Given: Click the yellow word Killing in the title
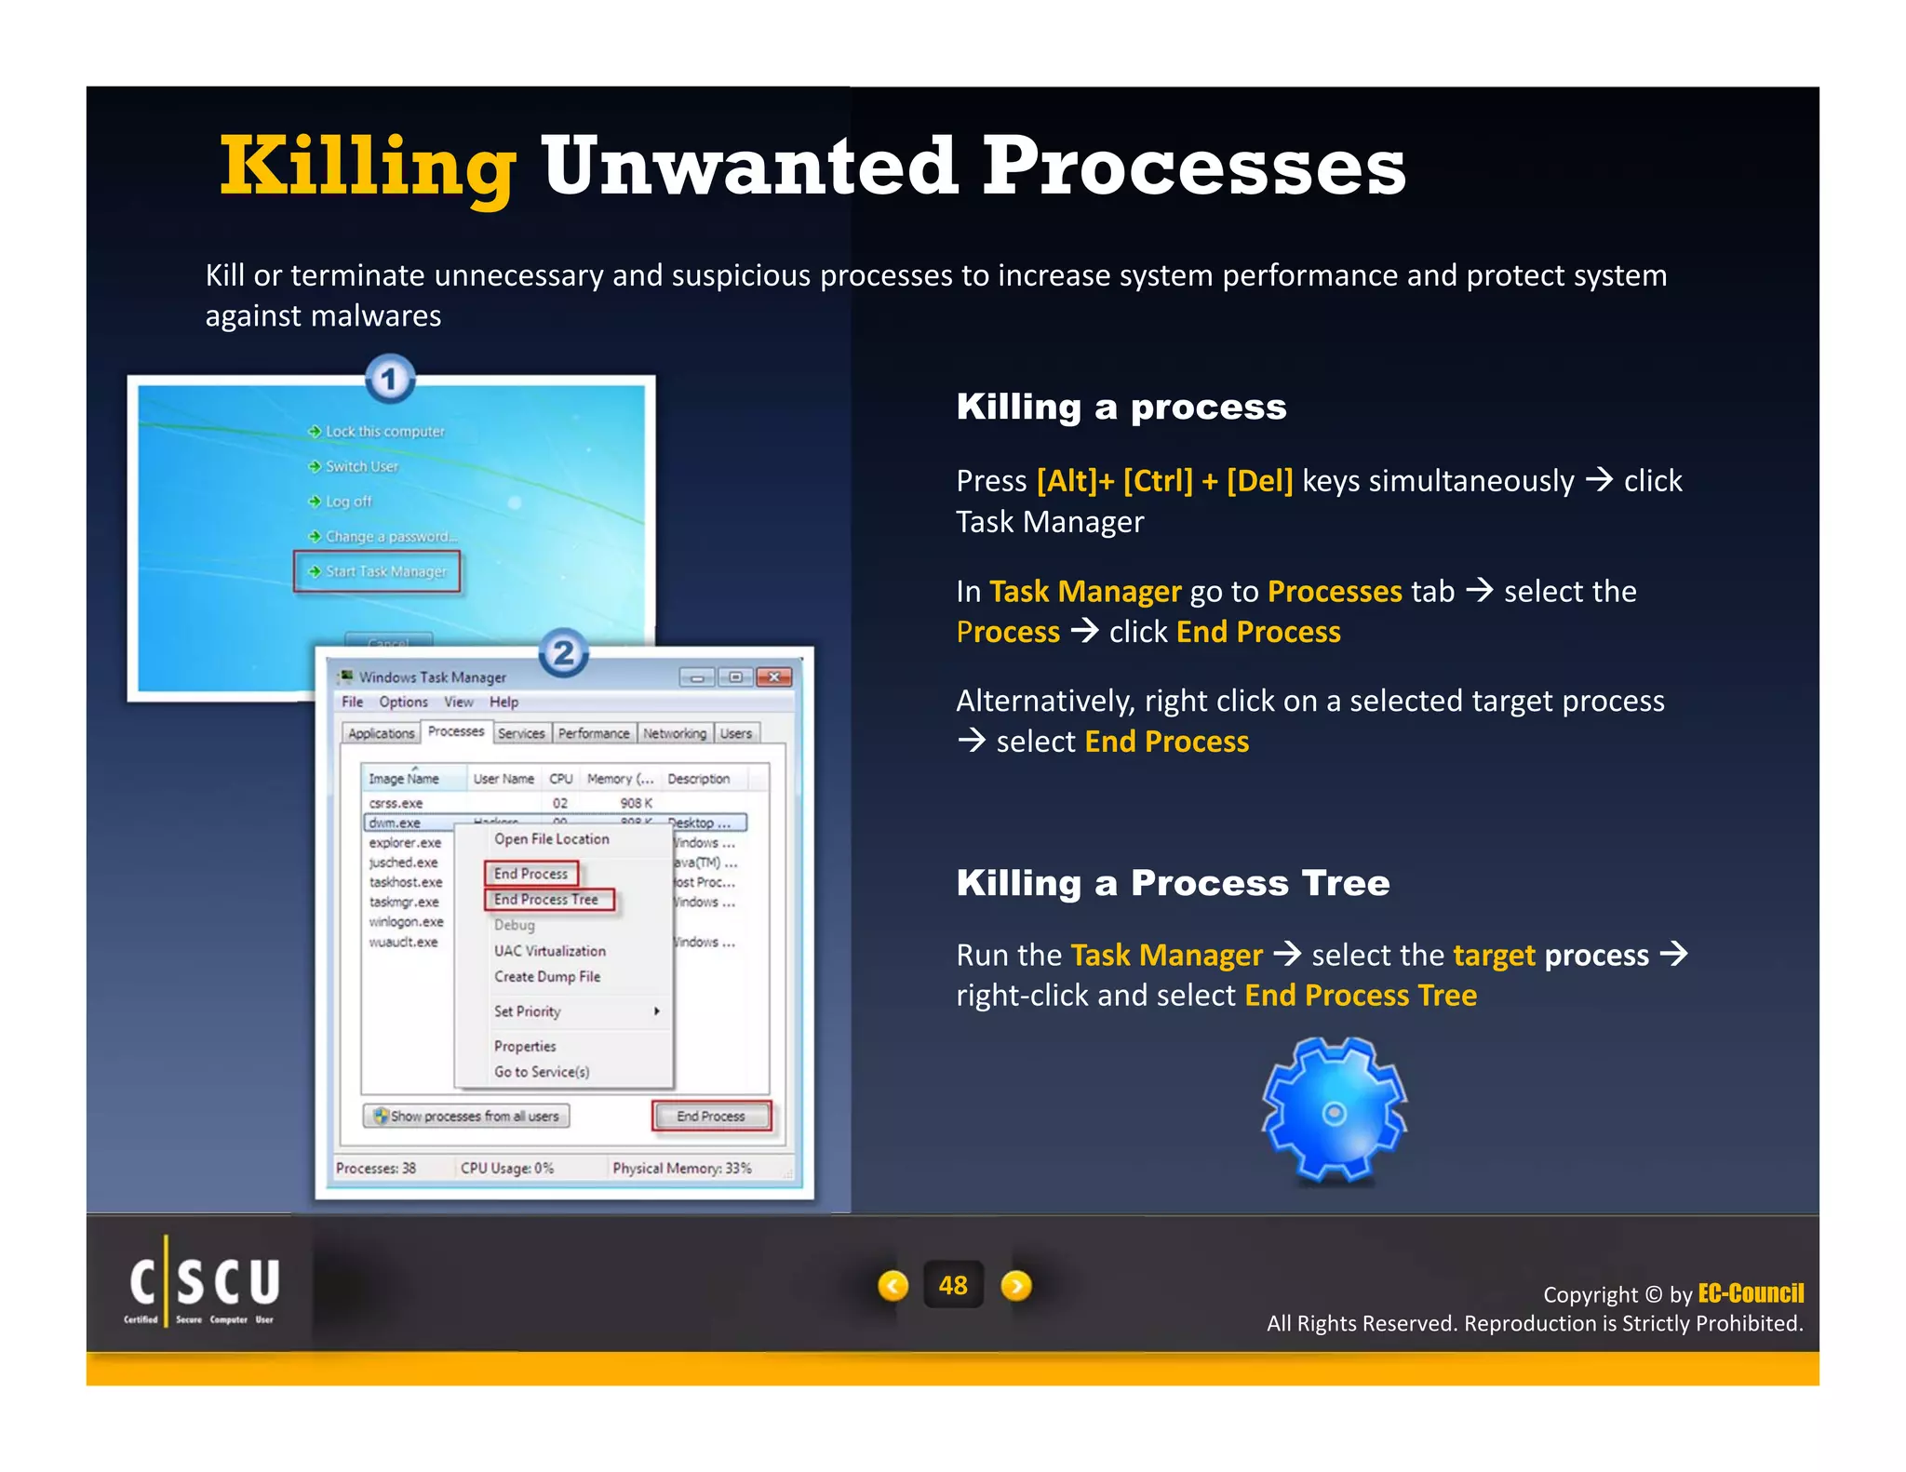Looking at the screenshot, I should pos(368,168).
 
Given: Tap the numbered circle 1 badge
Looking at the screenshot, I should pos(389,380).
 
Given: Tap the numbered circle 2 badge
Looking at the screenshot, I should pos(563,653).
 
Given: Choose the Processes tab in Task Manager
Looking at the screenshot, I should pos(456,732).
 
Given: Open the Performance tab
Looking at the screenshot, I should pos(594,733).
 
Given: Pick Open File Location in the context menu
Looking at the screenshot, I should pos(551,839).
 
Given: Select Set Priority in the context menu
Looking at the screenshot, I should pos(529,1011).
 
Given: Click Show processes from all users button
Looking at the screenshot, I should pos(466,1116).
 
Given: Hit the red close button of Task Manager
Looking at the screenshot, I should pos(773,677).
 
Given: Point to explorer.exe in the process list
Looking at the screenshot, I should pos(405,843).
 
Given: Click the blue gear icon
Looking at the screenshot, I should pos(1334,1113).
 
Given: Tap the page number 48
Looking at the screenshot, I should pos(953,1286).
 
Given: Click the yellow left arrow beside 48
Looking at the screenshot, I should pos(893,1286).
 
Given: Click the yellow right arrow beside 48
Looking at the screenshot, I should pos(1015,1286).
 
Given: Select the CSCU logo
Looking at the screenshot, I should pos(204,1289).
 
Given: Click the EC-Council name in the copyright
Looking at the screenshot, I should pos(1751,1293).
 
